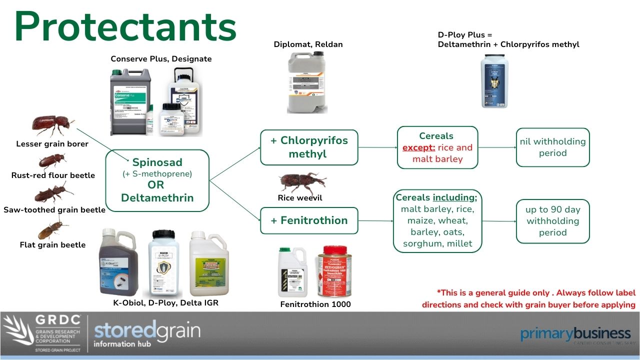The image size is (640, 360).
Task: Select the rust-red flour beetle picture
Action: [52, 161]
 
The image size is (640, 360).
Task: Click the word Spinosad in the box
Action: [157, 162]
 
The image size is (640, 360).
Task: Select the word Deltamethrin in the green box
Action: [157, 197]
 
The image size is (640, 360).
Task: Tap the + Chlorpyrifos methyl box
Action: [309, 147]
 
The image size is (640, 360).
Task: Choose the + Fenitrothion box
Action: [309, 220]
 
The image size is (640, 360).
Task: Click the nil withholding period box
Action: [552, 147]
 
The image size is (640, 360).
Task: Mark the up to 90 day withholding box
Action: [552, 221]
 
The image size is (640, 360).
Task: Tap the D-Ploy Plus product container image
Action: [494, 81]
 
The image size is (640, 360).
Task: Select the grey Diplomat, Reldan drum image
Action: [307, 82]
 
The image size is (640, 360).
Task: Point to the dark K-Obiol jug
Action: [119, 262]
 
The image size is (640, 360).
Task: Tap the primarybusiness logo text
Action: [575, 333]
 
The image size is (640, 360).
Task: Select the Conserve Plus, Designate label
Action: [161, 59]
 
